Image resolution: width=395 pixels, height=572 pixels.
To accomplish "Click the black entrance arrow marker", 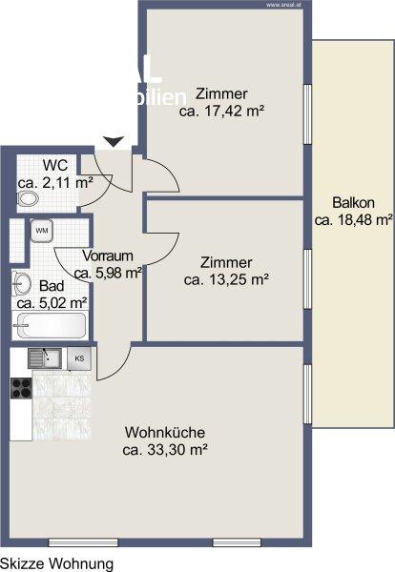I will (114, 142).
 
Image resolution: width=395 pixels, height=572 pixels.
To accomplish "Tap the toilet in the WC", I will (27, 199).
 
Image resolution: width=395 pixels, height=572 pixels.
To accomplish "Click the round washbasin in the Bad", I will (22, 283).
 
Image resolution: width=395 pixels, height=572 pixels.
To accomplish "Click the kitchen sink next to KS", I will (44, 358).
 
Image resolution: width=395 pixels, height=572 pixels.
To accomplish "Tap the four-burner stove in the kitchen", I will (21, 388).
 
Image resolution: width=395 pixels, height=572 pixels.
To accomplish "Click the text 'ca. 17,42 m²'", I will (221, 111).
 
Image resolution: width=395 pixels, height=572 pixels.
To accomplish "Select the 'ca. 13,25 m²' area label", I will (226, 278).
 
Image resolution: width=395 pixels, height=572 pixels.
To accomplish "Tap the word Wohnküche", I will (165, 431).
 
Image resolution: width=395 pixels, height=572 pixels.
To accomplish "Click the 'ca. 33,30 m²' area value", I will (165, 449).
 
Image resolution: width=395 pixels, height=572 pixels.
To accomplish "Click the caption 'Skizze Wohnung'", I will (57, 563).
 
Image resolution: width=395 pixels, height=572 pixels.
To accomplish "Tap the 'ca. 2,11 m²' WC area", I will (54, 182).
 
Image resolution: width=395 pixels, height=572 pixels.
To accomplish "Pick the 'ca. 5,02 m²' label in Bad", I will (52, 302).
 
